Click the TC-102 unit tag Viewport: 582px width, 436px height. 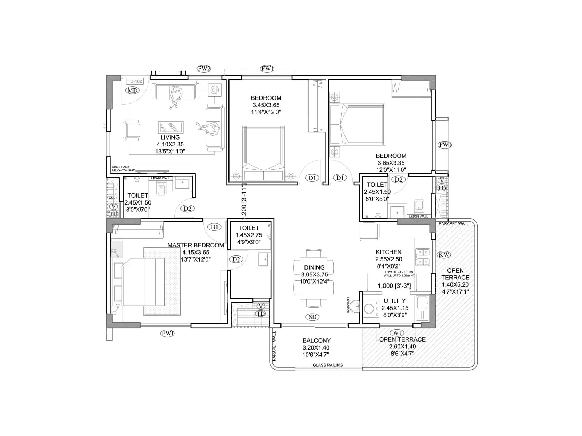pyautogui.click(x=135, y=81)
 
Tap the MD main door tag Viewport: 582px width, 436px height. pyautogui.click(x=132, y=90)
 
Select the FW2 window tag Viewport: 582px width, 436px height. pyautogui.click(x=204, y=68)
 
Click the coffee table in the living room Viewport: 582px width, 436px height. pyautogui.click(x=171, y=127)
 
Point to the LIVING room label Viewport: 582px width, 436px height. pyautogui.click(x=170, y=137)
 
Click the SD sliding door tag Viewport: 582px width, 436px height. pyautogui.click(x=312, y=317)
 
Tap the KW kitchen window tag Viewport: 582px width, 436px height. pyautogui.click(x=444, y=254)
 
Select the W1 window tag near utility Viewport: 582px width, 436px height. pyautogui.click(x=396, y=332)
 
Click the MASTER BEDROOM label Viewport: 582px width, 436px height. pyautogui.click(x=196, y=245)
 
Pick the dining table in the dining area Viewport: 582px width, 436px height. pyautogui.click(x=314, y=278)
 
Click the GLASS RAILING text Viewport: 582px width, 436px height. pyautogui.click(x=328, y=365)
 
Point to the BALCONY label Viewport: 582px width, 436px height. pyautogui.click(x=316, y=340)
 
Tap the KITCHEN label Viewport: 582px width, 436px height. pyautogui.click(x=388, y=252)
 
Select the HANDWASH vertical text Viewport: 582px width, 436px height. pyautogui.click(x=348, y=306)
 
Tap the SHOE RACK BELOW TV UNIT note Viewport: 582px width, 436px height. pyautogui.click(x=123, y=169)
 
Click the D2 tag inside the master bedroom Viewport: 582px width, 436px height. pyautogui.click(x=236, y=259)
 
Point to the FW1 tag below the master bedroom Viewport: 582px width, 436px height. pyautogui.click(x=168, y=333)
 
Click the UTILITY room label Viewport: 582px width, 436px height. pyautogui.click(x=395, y=301)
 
